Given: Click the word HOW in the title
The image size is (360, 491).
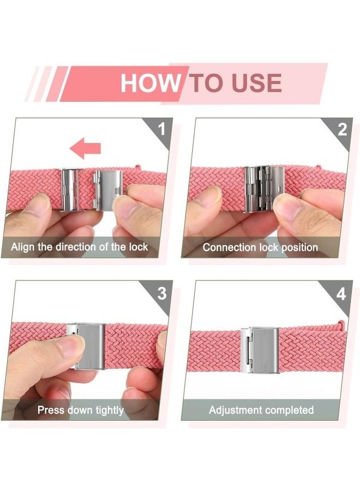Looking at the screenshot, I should tap(149, 83).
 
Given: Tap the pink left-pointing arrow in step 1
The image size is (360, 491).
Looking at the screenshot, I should tap(86, 147).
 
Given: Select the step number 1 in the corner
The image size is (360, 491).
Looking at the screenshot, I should tap(161, 130).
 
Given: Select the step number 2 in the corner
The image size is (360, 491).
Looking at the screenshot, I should tap(342, 130).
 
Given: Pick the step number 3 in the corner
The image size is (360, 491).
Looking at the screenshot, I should tap(161, 294).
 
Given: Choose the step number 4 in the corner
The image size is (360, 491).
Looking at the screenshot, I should tap(341, 294).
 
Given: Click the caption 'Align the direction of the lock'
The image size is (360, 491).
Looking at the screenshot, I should tap(80, 247).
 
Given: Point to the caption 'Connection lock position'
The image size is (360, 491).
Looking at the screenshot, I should tap(260, 247).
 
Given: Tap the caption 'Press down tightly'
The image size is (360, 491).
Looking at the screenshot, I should tap(80, 410).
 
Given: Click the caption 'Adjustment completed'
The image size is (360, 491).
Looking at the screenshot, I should tap(261, 410).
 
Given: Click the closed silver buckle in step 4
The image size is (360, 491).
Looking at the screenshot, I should tap(260, 350).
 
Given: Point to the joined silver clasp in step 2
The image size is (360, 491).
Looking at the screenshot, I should tap(264, 188).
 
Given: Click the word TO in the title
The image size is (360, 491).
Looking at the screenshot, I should tap(207, 83).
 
